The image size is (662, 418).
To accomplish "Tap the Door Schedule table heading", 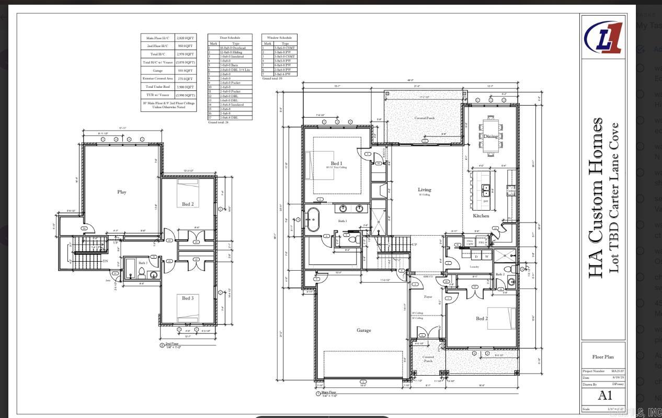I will tap(230, 38).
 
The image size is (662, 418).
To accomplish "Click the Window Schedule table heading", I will tap(279, 38).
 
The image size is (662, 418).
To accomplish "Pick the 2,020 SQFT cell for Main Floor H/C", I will tap(185, 38).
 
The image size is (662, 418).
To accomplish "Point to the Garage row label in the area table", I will tap(157, 71).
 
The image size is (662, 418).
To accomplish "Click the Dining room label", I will tap(490, 136).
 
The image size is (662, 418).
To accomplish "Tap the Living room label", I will tap(424, 190).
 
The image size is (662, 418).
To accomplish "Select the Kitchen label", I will tap(481, 215).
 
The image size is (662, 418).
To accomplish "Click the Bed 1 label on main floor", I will tap(336, 164).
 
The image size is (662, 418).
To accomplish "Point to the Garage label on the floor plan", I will tap(364, 330).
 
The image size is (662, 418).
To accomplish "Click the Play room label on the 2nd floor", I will tap(122, 192).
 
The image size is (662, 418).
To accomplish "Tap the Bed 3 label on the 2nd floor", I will tap(187, 298).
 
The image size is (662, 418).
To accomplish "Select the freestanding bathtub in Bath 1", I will tap(313, 220).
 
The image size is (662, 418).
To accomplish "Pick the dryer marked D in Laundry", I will tap(476, 257).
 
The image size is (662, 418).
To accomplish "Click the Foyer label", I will tap(428, 297).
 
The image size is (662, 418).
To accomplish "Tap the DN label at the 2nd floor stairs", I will tap(105, 261).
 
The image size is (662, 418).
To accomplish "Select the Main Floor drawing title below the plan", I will tap(329, 392).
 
